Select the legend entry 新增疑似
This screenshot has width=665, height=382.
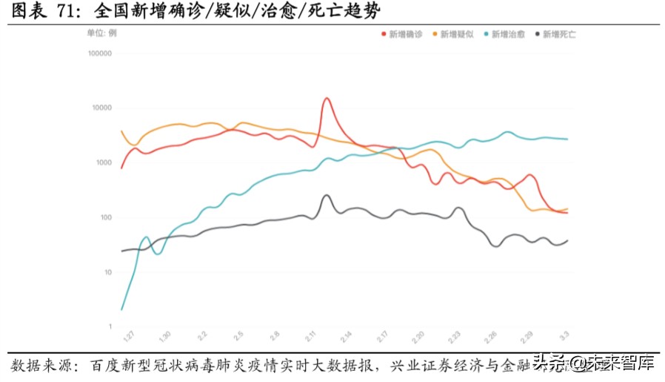pyautogui.click(x=457, y=34)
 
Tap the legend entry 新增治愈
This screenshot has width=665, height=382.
pyautogui.click(x=508, y=34)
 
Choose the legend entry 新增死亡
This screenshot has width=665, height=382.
pyautogui.click(x=559, y=34)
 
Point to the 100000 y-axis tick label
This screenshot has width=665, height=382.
pyautogui.click(x=98, y=53)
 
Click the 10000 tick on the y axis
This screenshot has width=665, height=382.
pyautogui.click(x=101, y=108)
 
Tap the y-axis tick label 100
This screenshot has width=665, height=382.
pyautogui.click(x=104, y=217)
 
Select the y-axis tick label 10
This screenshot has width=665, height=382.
pyautogui.click(x=107, y=272)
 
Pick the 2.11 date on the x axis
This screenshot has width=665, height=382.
pyautogui.click(x=311, y=337)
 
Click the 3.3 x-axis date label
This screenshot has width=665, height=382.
pyautogui.click(x=564, y=337)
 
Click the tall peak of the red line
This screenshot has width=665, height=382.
pyautogui.click(x=327, y=99)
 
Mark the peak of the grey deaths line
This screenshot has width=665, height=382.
pyautogui.click(x=326, y=196)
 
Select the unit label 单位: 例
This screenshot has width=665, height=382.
pyautogui.click(x=101, y=33)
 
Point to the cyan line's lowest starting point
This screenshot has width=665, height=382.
pyautogui.click(x=121, y=309)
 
